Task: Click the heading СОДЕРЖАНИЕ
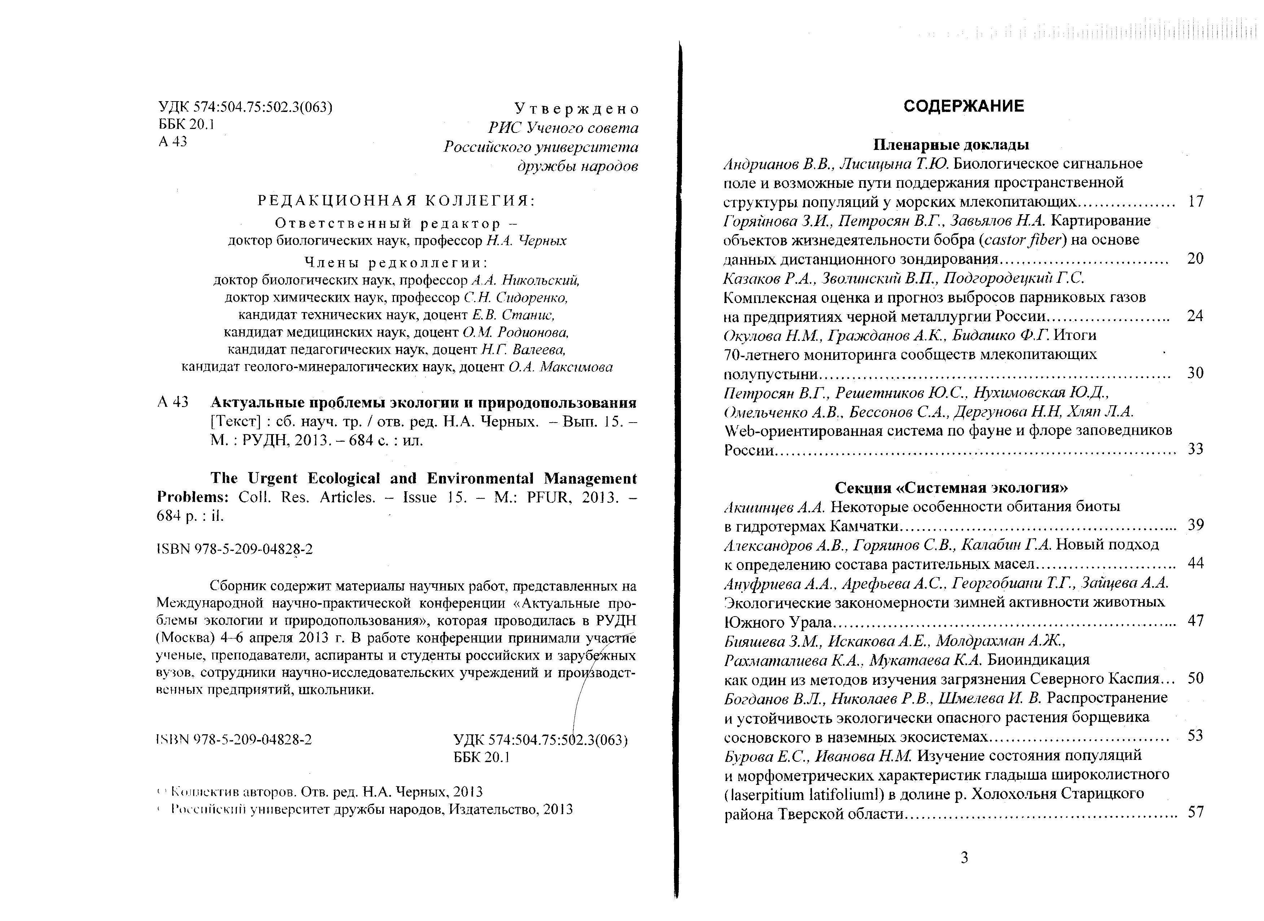click(964, 106)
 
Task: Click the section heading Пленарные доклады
click(951, 145)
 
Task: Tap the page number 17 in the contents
click(1195, 201)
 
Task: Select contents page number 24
click(1195, 316)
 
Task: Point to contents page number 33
click(1195, 449)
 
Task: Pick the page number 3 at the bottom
click(964, 857)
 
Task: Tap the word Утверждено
click(576, 109)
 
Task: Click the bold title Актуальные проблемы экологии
click(423, 402)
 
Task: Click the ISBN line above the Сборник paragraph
click(235, 549)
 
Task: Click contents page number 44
click(1195, 563)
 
